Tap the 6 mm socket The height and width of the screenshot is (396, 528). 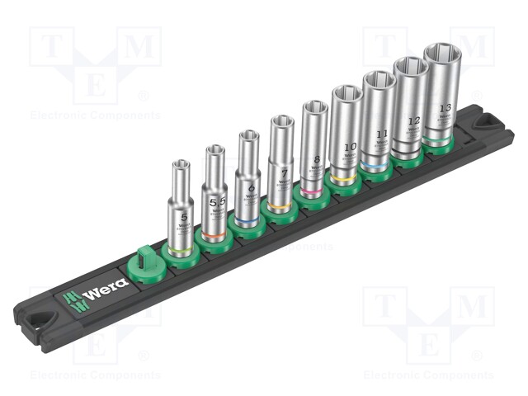247,177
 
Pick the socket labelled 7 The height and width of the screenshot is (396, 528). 281,161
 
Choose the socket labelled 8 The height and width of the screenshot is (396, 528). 314,144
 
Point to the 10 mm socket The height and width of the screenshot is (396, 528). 346,132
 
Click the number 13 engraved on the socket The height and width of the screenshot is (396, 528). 445,108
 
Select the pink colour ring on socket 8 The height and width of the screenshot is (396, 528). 312,192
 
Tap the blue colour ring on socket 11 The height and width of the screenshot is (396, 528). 376,167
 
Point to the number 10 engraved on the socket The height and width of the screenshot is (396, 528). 348,148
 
